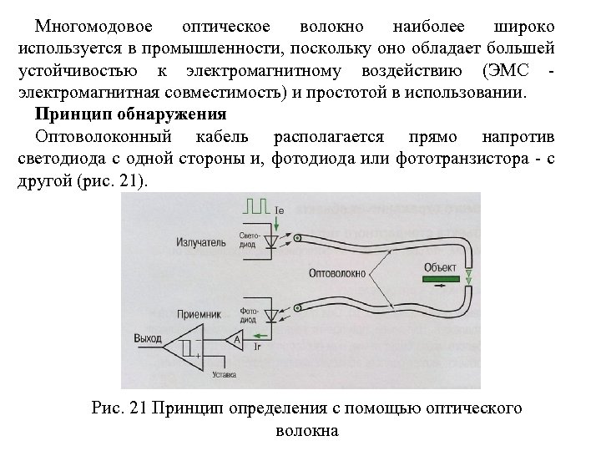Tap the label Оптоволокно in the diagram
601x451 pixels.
pos(336,272)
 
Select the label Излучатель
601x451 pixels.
pos(200,242)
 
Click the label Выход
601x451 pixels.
pos(148,338)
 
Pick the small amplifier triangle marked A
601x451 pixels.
pos(235,339)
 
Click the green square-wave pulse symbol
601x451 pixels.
pos(255,204)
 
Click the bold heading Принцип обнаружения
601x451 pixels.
pos(131,113)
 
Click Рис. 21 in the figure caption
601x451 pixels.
pos(119,408)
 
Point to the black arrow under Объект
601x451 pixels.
pos(440,284)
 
